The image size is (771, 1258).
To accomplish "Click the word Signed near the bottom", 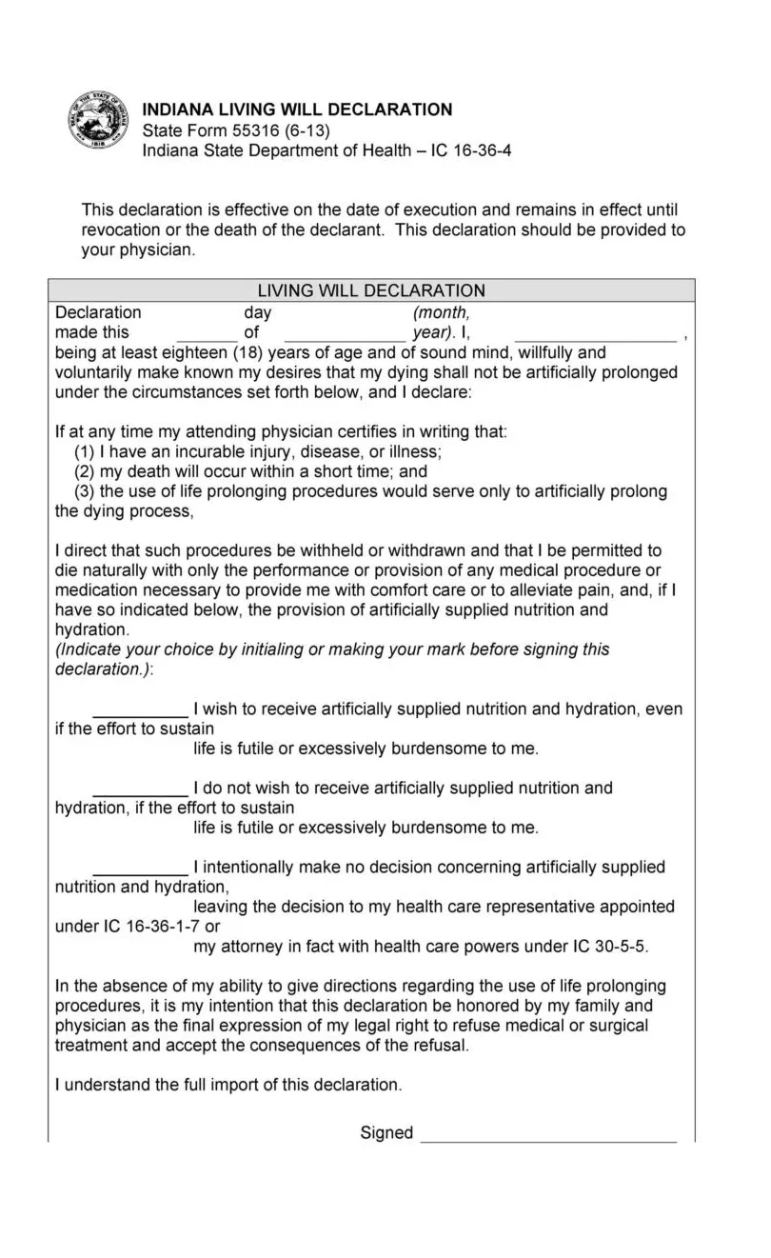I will coord(386,1132).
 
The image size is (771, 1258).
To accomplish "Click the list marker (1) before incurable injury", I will coord(85,451).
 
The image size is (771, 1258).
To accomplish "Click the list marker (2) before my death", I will coord(85,471).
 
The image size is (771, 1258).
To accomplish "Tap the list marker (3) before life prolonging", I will coord(85,491).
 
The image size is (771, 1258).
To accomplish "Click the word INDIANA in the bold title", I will coord(177,110).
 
